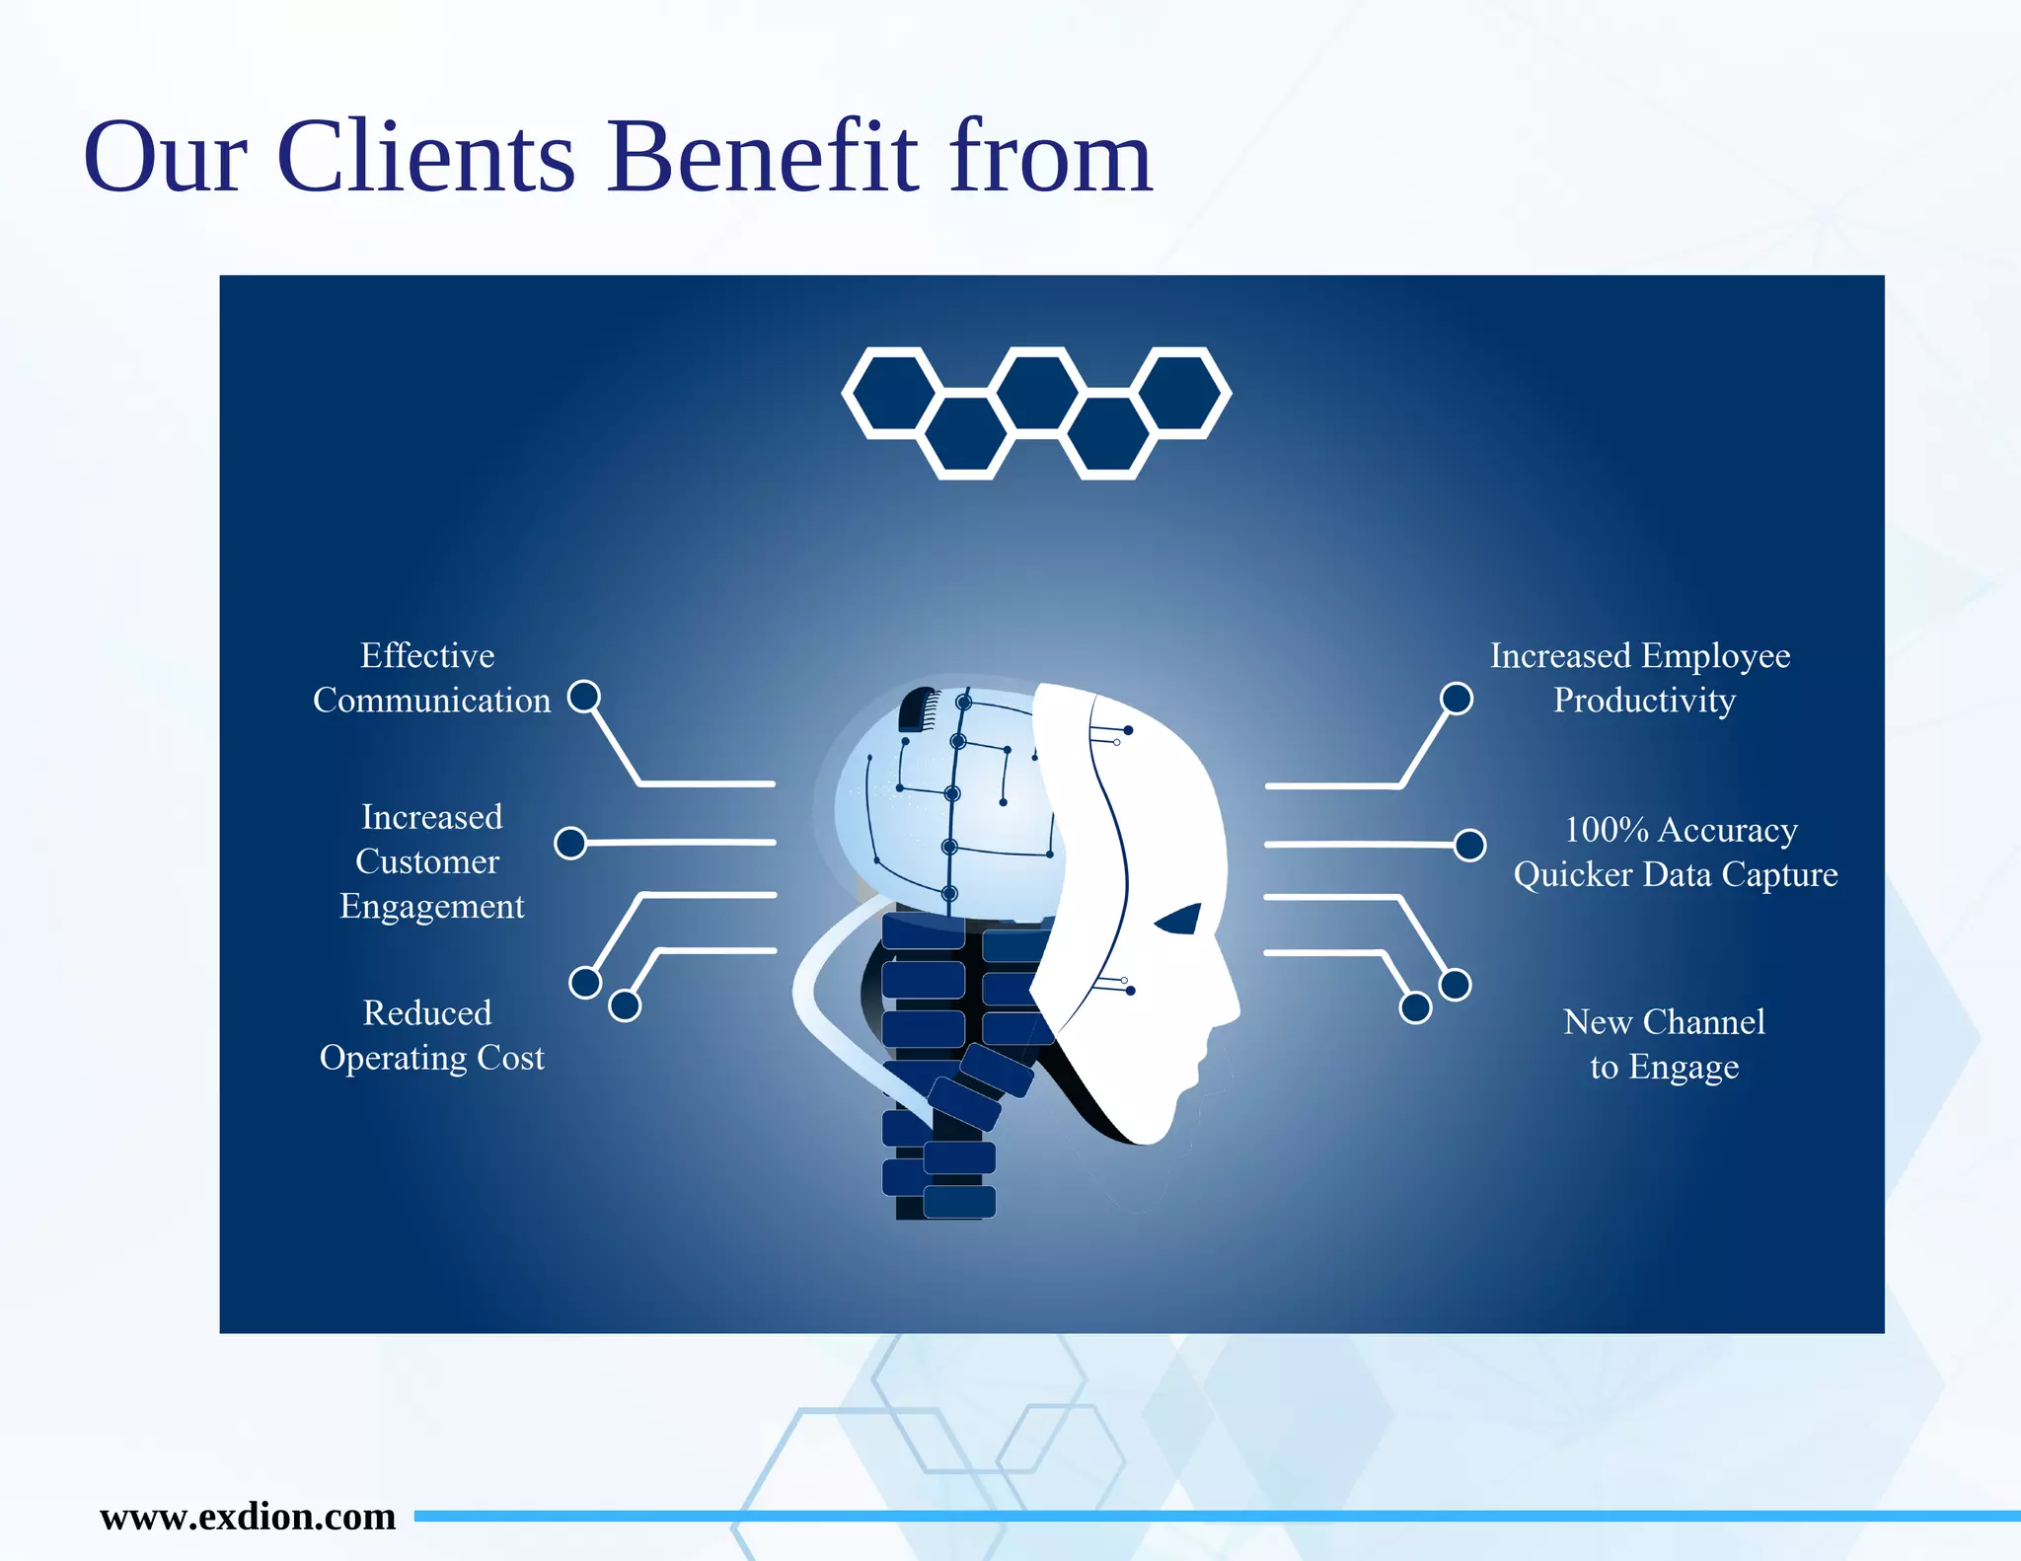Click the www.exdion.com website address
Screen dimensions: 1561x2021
pos(248,1516)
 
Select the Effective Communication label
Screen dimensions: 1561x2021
pos(431,678)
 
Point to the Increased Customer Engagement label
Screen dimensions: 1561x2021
pos(431,861)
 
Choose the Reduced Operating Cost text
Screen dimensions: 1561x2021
pos(431,1035)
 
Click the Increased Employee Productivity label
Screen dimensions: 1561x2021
pos(1641,678)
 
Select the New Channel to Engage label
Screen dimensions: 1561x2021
pos(1665,1044)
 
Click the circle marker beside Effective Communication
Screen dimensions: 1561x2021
pos(584,697)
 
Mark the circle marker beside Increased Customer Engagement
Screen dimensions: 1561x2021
pos(570,844)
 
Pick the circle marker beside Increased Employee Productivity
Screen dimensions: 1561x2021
pos(1457,699)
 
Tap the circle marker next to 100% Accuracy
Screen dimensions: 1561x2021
pos(1470,846)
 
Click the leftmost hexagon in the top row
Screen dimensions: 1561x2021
pos(894,392)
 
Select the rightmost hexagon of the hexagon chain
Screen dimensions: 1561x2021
pos(1179,392)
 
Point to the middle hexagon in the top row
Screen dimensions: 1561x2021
pos(1036,392)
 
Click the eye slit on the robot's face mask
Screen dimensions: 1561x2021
pos(1179,920)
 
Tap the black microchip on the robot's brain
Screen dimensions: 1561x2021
pos(919,709)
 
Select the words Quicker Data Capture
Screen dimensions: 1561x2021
pos(1676,875)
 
